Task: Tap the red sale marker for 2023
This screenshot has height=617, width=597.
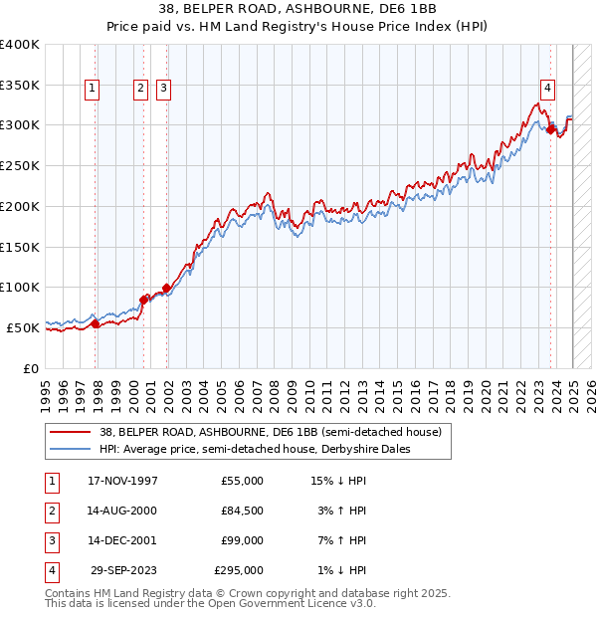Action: pos(551,128)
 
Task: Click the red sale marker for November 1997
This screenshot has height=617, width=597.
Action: pos(96,323)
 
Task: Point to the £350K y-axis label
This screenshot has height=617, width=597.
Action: pos(20,85)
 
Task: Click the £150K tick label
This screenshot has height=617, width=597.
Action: pos(20,246)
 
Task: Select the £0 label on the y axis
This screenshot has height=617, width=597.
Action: pos(31,367)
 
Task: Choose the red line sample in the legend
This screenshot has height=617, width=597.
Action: pos(71,432)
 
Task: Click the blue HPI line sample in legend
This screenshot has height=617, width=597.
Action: pos(71,449)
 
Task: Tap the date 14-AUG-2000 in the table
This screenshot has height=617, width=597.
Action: pos(122,511)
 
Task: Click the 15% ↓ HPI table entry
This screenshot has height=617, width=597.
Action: pos(338,481)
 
